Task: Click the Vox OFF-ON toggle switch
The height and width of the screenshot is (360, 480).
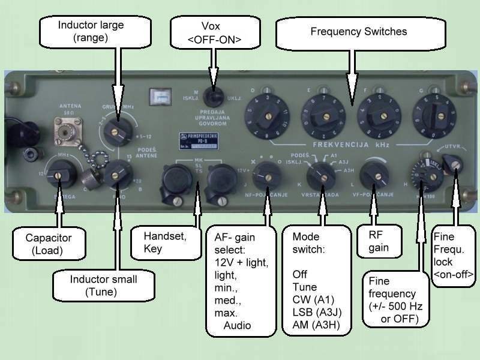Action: (x=211, y=97)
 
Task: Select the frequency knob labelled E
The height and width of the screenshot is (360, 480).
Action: (x=325, y=114)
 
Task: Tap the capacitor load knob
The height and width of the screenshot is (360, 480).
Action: (x=59, y=175)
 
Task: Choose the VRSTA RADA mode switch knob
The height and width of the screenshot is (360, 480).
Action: (x=320, y=175)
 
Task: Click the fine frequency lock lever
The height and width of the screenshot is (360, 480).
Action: (x=454, y=162)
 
